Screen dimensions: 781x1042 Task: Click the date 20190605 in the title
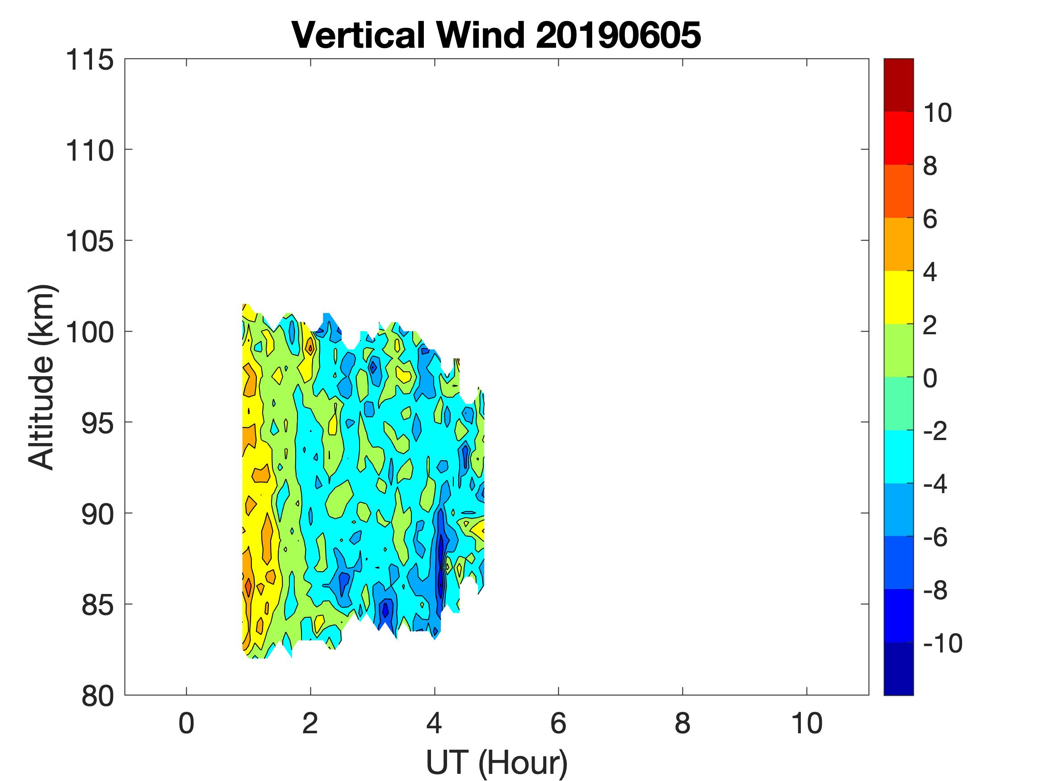pyautogui.click(x=618, y=36)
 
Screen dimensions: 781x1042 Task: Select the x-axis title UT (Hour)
pyautogui.click(x=497, y=763)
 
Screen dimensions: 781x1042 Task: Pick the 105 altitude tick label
pyautogui.click(x=89, y=241)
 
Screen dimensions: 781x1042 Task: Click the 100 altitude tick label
pyautogui.click(x=89, y=332)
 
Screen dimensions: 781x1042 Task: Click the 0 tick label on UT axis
pyautogui.click(x=187, y=723)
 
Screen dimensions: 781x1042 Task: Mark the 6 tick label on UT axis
pyautogui.click(x=558, y=723)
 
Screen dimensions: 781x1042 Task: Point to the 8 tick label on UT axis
pyautogui.click(x=682, y=723)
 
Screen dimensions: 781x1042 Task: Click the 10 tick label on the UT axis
pyautogui.click(x=807, y=723)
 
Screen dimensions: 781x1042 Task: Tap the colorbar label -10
pyautogui.click(x=942, y=643)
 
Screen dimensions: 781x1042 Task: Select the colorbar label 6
pyautogui.click(x=930, y=219)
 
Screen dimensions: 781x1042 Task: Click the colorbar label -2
pyautogui.click(x=936, y=431)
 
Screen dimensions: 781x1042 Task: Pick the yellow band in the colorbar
pyautogui.click(x=898, y=297)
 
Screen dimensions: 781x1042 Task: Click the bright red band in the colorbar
pyautogui.click(x=898, y=137)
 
